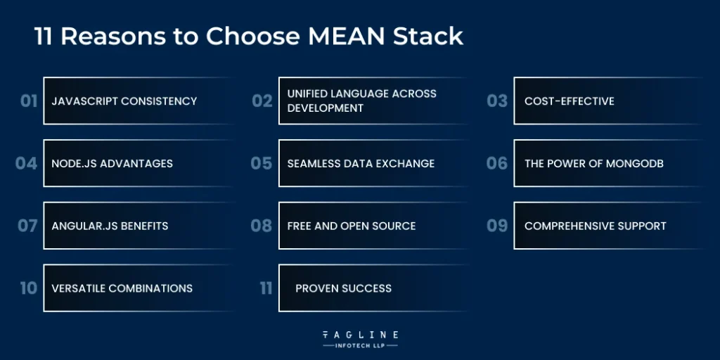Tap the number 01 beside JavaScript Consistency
29,101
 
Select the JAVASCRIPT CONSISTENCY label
124,101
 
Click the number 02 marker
262,101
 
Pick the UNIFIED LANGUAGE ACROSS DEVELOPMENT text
361,101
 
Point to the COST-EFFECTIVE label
569,101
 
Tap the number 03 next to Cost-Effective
497,101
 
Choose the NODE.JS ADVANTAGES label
112,164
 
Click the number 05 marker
262,164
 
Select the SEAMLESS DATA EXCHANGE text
361,164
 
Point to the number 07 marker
28,226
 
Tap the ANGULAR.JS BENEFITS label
110,226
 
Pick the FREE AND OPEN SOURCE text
352,226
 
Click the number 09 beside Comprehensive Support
497,226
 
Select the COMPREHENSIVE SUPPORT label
595,226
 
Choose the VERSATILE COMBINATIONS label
122,288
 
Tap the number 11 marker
266,288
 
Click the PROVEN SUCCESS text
343,288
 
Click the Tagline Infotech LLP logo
360,339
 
